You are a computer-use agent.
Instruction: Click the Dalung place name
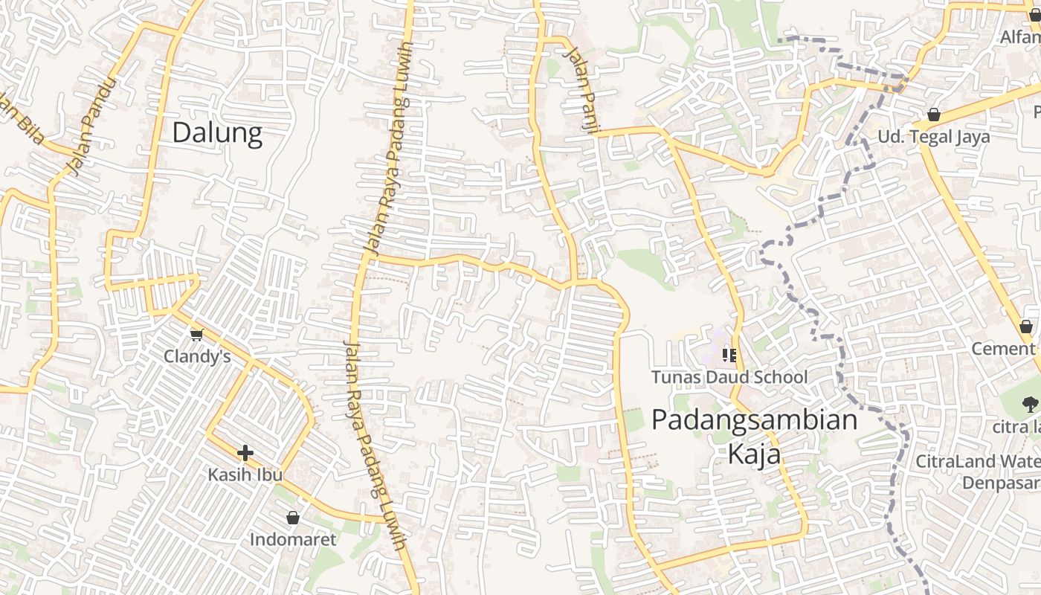pos(217,133)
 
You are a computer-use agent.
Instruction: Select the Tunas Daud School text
pos(729,377)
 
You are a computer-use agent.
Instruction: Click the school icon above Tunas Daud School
pos(729,356)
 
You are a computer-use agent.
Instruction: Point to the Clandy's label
pos(197,357)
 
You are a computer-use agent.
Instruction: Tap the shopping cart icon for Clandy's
pos(197,335)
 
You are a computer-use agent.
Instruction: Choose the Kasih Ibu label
pos(245,475)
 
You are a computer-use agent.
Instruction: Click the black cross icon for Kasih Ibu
pos(245,453)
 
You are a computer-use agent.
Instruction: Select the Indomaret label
pos(293,539)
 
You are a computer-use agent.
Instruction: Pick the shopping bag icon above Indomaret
pos(293,518)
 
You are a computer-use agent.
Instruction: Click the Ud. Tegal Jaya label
pos(934,137)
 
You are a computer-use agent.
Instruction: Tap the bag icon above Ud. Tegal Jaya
pos(934,115)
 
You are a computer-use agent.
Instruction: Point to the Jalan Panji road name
pos(582,90)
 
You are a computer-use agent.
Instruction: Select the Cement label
pos(1003,349)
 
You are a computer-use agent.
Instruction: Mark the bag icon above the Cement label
pos(1026,327)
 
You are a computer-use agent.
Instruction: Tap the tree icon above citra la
pos(1030,405)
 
